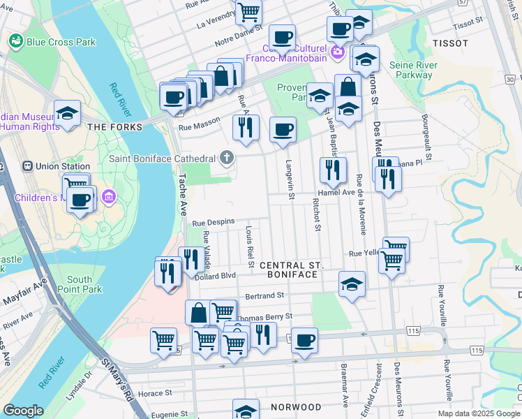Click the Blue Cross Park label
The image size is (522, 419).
pos(61,42)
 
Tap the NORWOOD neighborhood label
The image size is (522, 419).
pos(296,407)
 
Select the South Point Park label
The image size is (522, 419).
pos(84,284)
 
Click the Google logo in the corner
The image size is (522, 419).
pos(23,411)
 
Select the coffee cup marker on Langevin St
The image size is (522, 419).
pos(283,130)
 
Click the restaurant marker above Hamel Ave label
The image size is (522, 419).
pos(333,170)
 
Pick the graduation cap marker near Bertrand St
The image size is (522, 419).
pos(352,284)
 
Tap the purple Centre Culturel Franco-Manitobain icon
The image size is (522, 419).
pos(338,51)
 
